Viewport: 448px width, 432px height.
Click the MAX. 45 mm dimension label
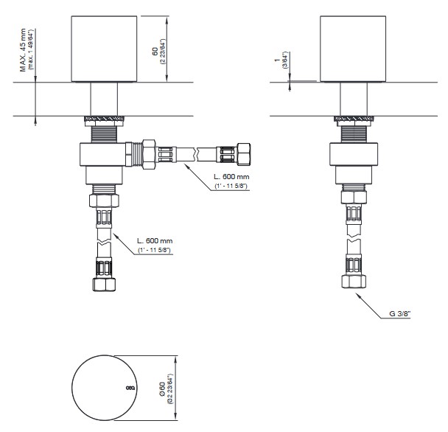click(x=23, y=50)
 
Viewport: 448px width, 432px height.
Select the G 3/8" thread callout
click(x=399, y=313)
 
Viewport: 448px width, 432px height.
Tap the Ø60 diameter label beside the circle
click(x=162, y=389)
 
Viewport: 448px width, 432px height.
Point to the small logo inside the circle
click(x=130, y=388)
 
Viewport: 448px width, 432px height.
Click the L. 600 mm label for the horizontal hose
click(x=231, y=176)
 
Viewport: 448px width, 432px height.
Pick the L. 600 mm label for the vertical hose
click(x=155, y=241)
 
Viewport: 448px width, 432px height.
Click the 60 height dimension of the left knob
click(x=155, y=52)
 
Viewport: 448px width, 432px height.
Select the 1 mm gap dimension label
click(x=276, y=60)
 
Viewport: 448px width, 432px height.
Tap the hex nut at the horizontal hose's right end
click(x=245, y=154)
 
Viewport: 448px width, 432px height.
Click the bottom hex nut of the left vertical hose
click(x=105, y=284)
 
